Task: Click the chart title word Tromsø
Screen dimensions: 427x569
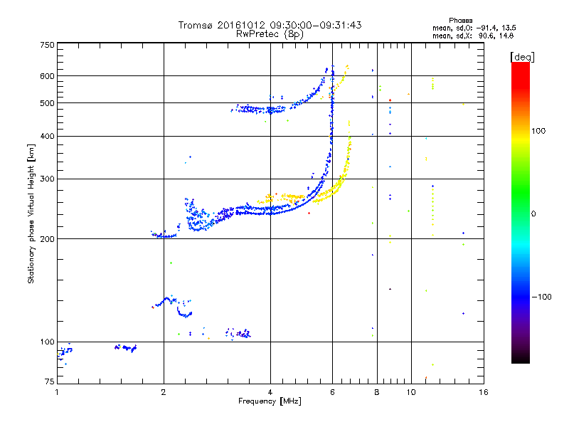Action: pos(194,25)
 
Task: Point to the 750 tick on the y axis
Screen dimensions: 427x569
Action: pos(47,45)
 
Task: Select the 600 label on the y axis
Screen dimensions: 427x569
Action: pos(47,75)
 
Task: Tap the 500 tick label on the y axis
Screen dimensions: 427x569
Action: pos(47,102)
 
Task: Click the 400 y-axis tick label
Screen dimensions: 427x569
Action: pos(47,136)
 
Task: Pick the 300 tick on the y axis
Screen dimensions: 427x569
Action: pos(47,179)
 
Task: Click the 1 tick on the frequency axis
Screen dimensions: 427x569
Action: pos(57,392)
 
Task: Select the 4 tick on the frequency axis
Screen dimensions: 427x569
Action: pos(270,392)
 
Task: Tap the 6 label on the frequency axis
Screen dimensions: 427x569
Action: pos(332,392)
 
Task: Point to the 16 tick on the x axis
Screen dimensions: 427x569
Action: pos(483,392)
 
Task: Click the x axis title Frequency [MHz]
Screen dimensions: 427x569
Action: pos(270,401)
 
